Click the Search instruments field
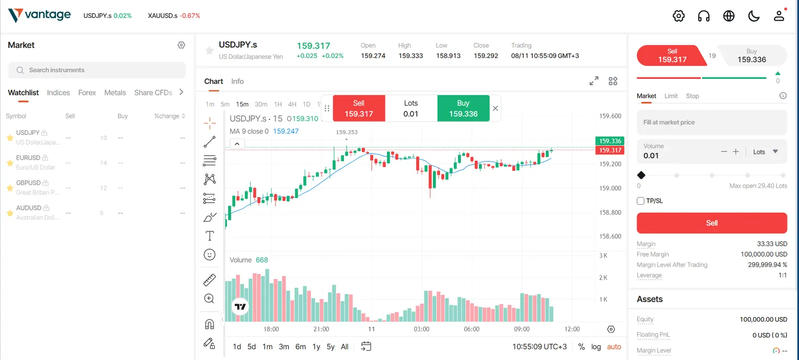click(96, 70)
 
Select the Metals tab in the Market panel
click(115, 93)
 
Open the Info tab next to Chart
click(237, 81)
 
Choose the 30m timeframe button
click(261, 104)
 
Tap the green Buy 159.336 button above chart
click(463, 108)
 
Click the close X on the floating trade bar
click(495, 108)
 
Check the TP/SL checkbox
click(640, 201)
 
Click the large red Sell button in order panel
click(712, 223)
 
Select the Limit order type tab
click(671, 96)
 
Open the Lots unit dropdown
click(766, 152)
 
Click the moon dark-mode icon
click(754, 15)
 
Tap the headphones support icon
click(704, 16)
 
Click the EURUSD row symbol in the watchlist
click(28, 158)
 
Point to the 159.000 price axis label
click(610, 188)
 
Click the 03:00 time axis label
click(421, 329)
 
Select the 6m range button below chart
click(300, 347)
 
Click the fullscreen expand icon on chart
click(594, 81)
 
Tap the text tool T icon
click(210, 236)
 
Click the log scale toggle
click(596, 347)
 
